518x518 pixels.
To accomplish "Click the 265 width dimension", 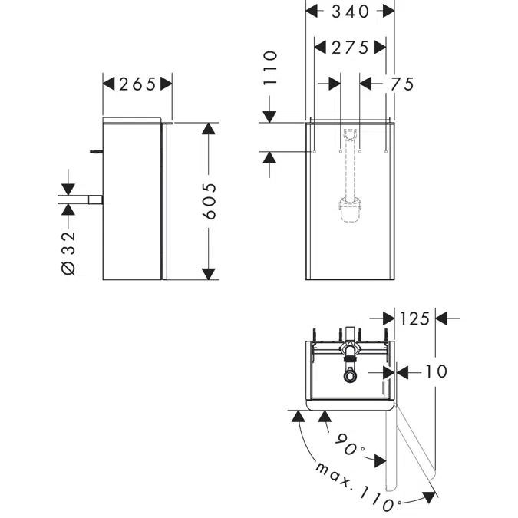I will [138, 84].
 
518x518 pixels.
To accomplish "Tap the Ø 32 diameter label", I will [68, 252].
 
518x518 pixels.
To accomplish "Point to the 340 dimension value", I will [350, 11].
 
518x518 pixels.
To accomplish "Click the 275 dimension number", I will [350, 48].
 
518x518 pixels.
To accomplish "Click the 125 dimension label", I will [414, 318].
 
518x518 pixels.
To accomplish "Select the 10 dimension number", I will [435, 371].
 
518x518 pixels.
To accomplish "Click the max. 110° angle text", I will [355, 486].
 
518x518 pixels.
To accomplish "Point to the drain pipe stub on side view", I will [95, 200].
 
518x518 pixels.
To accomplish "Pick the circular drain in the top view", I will [350, 376].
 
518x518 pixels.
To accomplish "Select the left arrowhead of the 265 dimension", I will [108, 84].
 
